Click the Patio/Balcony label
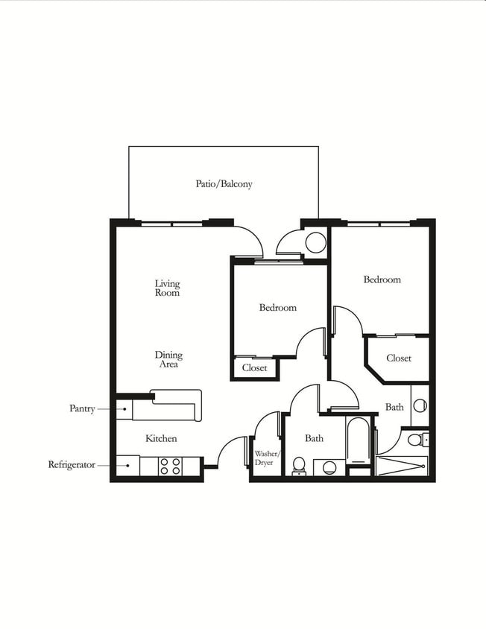pos(224,184)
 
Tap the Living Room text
pos(168,288)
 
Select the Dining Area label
pos(168,359)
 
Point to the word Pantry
pos(82,408)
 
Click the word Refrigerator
pos(72,465)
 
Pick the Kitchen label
pos(161,438)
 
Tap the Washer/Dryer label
pos(266,458)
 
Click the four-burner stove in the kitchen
pos(170,466)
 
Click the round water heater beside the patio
pos(315,242)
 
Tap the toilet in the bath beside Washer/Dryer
pos(299,466)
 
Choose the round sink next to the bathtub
pos(329,467)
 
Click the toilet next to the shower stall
pos(417,440)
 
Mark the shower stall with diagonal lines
pos(402,466)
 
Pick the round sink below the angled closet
pos(420,405)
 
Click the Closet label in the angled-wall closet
pos(399,358)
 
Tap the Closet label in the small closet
pos(254,367)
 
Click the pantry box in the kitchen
pos(124,410)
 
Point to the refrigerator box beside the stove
pos(127,466)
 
